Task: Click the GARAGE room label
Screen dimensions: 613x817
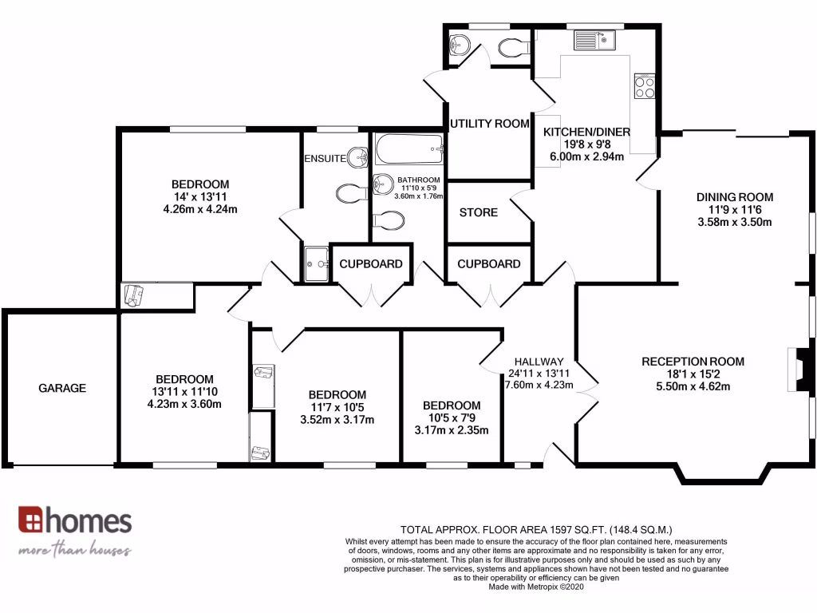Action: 62,388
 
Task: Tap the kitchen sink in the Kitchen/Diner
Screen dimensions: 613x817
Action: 591,39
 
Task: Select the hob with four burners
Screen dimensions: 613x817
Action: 644,85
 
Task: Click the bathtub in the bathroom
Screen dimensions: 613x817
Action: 408,148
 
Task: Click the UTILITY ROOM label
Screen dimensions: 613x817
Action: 490,124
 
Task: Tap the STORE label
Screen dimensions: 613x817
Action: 479,212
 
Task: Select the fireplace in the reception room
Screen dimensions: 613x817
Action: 792,370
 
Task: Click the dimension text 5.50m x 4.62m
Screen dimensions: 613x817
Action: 693,386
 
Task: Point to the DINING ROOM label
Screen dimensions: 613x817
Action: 734,197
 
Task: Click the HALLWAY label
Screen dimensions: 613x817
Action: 539,361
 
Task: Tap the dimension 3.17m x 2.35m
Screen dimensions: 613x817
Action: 452,431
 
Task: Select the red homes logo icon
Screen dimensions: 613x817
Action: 31,520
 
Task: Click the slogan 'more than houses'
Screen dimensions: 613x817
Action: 75,550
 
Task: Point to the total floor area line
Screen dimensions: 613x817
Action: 537,529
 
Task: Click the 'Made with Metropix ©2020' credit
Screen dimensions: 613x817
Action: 537,587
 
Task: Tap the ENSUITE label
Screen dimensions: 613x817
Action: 325,158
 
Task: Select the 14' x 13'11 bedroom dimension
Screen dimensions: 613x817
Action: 200,197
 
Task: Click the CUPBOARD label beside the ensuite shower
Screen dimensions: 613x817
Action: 371,263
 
